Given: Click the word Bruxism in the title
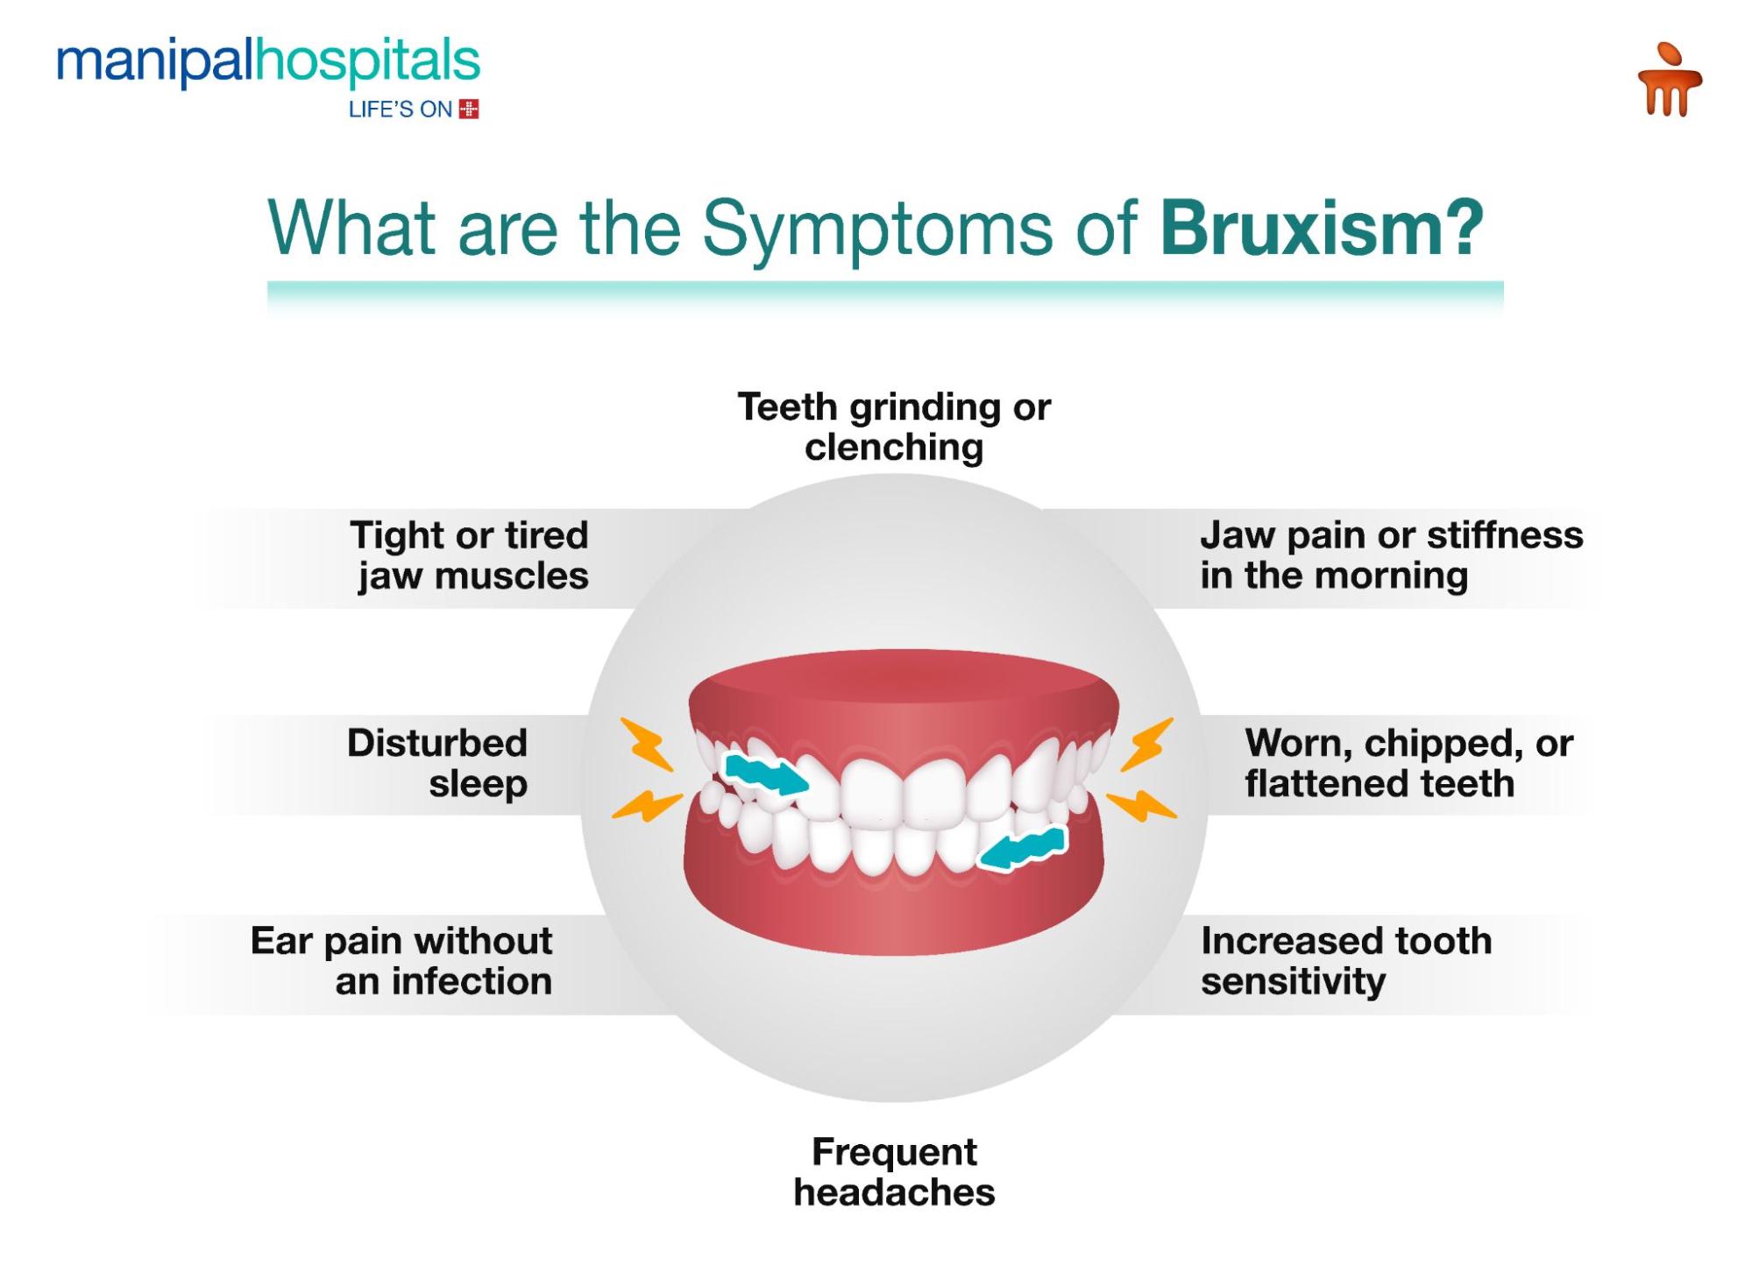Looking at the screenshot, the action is (1322, 228).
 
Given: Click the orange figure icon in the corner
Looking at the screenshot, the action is (1670, 80).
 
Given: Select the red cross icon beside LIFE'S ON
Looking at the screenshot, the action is (469, 110).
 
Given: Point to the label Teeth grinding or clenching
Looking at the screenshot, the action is (894, 427).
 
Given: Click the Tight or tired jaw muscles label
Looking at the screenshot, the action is (470, 555).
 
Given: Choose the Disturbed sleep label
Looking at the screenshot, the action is (437, 763).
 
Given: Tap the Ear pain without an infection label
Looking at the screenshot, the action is (401, 961).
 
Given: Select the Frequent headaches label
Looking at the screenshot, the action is (894, 1172).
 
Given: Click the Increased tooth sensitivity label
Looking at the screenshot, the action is (1346, 961).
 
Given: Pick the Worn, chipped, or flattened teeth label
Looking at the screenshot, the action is (1409, 763).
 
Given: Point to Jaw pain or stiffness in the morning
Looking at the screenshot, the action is (1392, 555).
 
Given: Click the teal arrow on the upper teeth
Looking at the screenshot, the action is (766, 774).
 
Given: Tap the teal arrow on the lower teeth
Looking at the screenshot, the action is (1022, 848).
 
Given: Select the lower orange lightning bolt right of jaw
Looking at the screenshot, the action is (1141, 806).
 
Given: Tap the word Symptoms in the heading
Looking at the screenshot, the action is (877, 230).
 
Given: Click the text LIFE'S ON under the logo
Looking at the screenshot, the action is (401, 110).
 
